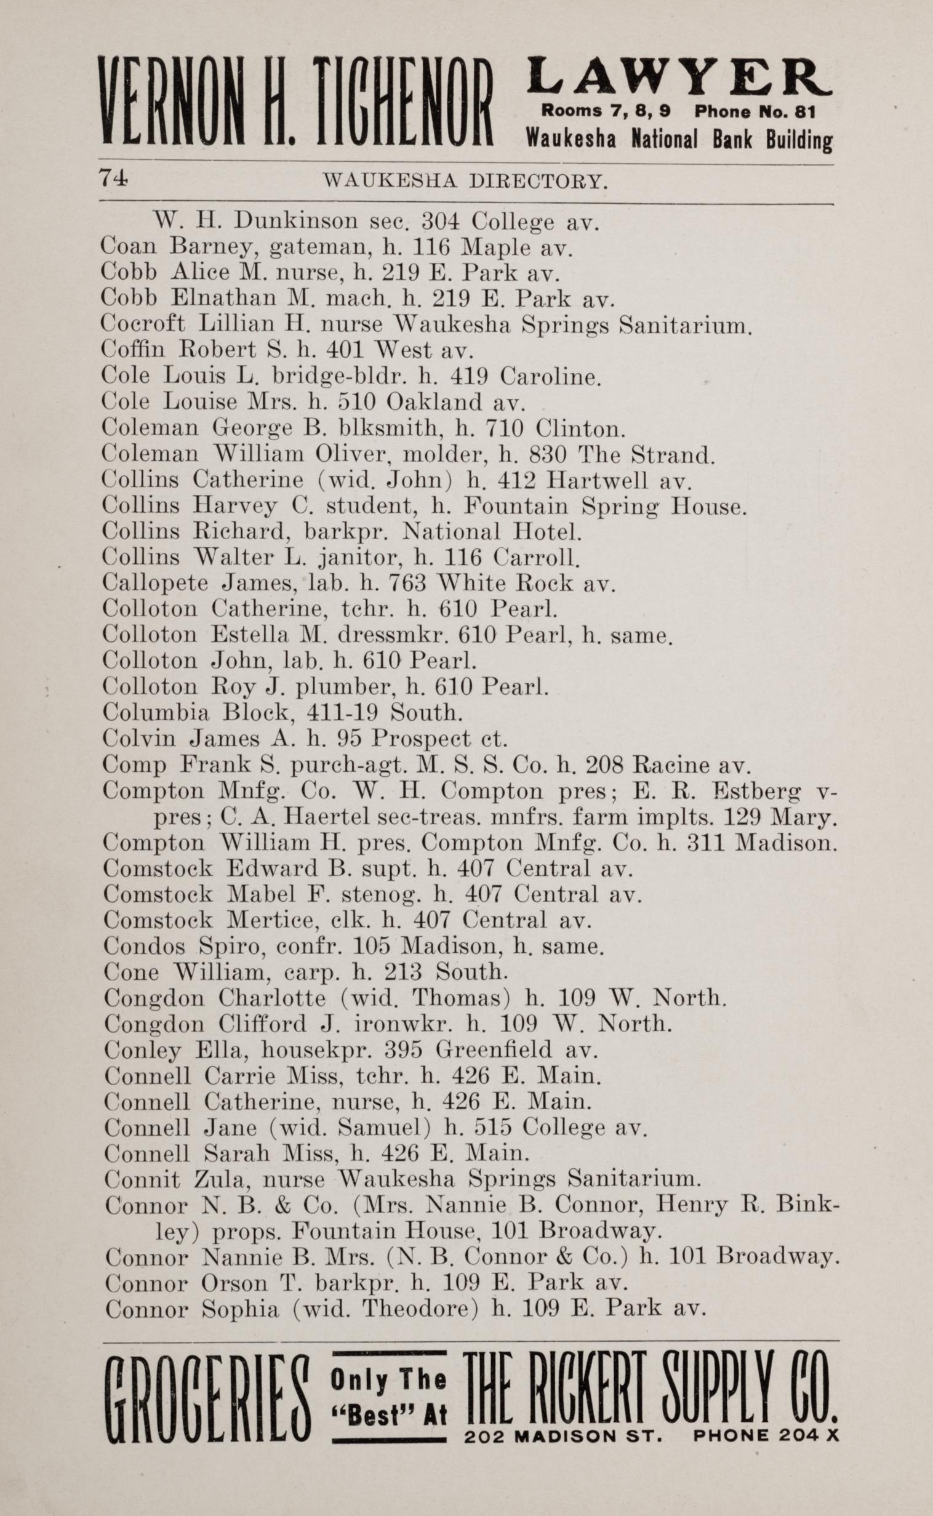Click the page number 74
coord(114,179)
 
